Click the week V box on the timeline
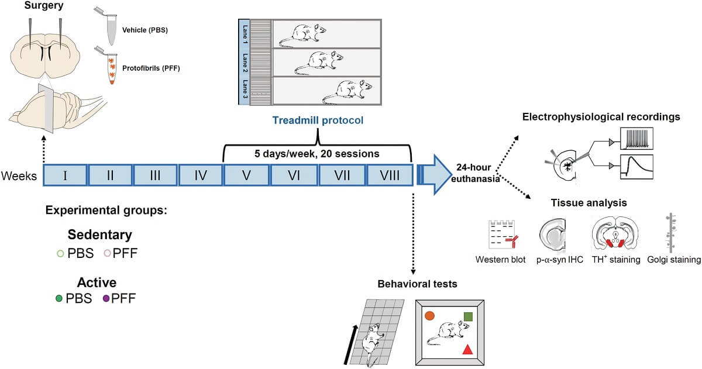tap(246, 175)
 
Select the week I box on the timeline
tap(66, 175)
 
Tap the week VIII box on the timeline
tap(388, 175)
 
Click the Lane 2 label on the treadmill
tap(245, 63)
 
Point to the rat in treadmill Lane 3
tap(347, 91)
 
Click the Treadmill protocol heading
tap(318, 121)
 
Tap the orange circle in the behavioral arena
tap(429, 316)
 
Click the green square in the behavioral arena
tap(468, 316)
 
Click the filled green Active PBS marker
tap(59, 299)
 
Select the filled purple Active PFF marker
tap(106, 299)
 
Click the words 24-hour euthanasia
tap(475, 175)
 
